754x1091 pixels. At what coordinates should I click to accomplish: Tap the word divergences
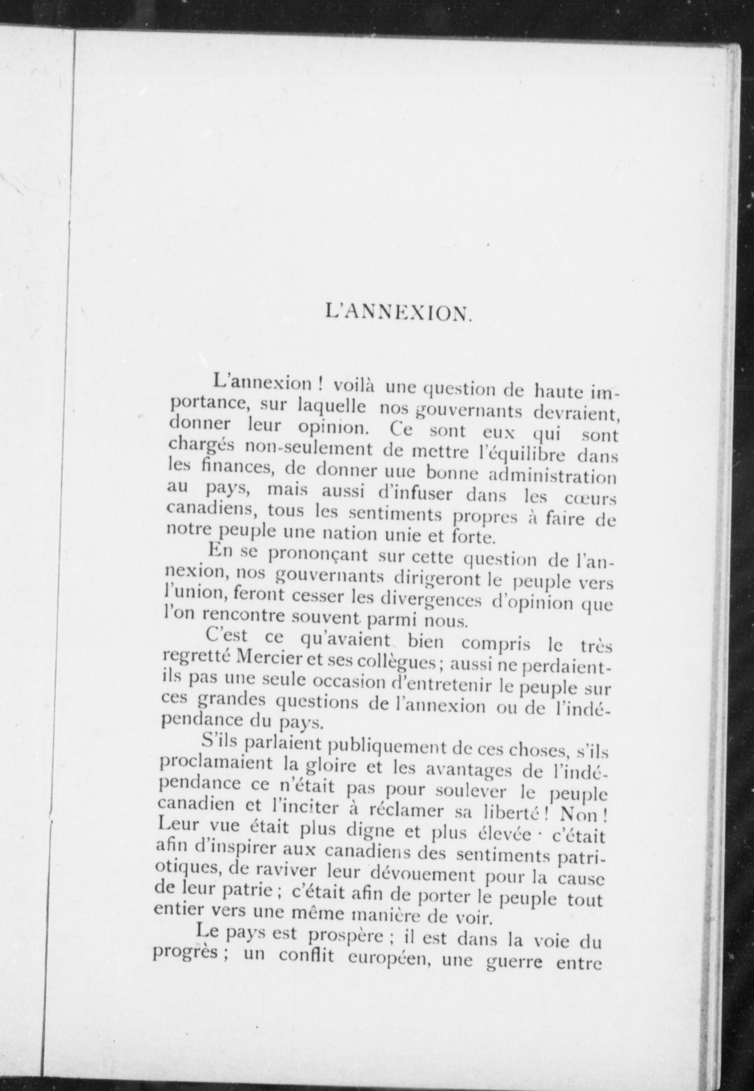coord(431,601)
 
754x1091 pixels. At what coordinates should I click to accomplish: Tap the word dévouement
coord(422,875)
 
